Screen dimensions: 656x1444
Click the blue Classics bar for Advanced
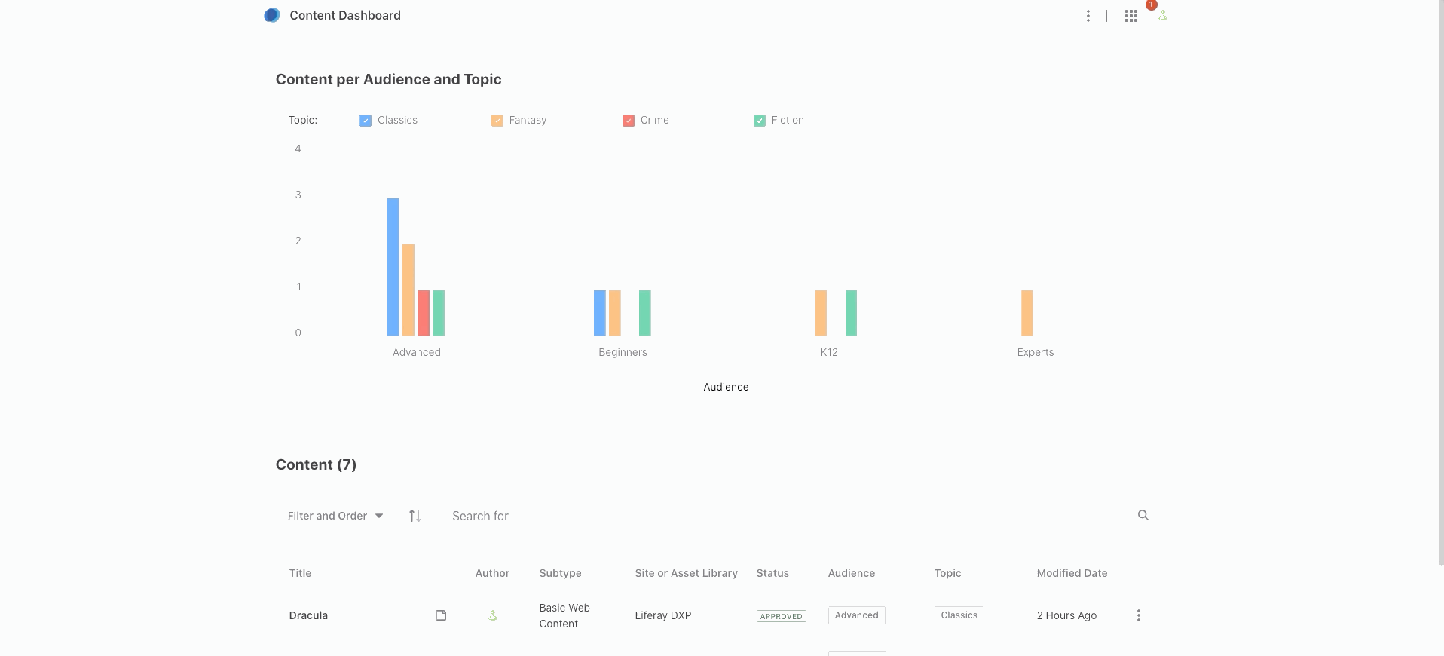click(x=393, y=267)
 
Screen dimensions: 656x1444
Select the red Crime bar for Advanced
click(x=424, y=313)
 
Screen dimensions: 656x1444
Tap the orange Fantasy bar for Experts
click(x=1027, y=313)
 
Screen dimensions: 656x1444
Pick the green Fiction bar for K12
click(x=851, y=313)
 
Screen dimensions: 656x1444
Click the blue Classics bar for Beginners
click(x=600, y=313)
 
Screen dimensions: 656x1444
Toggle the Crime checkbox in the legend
click(x=629, y=121)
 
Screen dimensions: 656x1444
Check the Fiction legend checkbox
click(x=760, y=121)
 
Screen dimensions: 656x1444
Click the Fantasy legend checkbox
click(x=497, y=121)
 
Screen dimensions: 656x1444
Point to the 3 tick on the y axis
click(x=298, y=195)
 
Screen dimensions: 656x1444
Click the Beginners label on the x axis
click(x=623, y=352)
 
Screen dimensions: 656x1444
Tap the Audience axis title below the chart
click(x=726, y=387)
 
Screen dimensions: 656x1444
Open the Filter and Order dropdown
click(x=335, y=516)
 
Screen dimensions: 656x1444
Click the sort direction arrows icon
click(x=415, y=516)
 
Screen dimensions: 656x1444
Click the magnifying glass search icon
click(x=1143, y=515)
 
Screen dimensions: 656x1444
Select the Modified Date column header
click(x=1072, y=573)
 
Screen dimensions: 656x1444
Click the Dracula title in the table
click(x=308, y=615)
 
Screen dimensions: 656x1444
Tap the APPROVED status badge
click(x=782, y=616)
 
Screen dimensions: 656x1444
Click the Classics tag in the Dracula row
click(x=959, y=615)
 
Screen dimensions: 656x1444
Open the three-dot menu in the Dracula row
click(x=1139, y=615)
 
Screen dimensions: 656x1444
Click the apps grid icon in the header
click(x=1131, y=16)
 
